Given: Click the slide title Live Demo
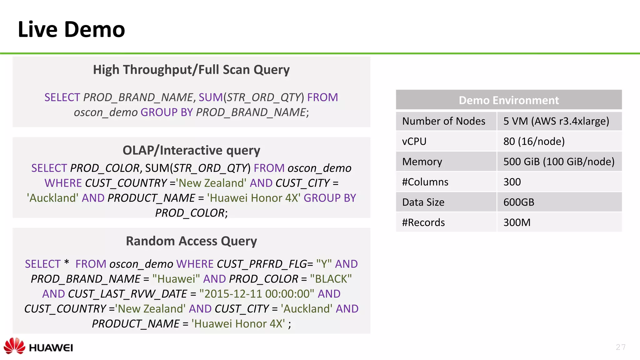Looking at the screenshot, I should tap(71, 29).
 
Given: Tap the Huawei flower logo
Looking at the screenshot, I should tap(14, 346).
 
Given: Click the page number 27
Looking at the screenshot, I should tap(621, 347).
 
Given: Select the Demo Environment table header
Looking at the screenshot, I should tap(508, 100).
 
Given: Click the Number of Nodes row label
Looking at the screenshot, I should tap(443, 121).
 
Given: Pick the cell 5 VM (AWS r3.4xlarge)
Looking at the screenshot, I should tap(556, 121).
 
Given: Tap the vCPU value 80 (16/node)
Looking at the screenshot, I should tap(534, 141).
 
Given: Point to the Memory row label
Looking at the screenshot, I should tap(422, 162).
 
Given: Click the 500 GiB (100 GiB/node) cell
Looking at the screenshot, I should tap(558, 162).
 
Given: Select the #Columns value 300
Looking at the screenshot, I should tap(512, 182).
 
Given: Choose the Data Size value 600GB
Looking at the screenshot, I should tap(518, 202).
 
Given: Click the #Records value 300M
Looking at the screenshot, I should tap(517, 222).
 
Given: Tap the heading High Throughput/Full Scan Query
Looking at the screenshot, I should tap(191, 70).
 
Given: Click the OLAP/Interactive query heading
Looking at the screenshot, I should tap(191, 150).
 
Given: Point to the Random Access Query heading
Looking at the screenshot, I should tap(191, 241).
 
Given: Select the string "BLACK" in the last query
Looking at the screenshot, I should tap(331, 279).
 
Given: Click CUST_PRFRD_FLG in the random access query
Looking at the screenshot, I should tap(262, 264).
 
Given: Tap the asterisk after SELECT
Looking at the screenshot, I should tap(66, 262).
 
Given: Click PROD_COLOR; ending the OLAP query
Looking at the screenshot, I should tap(191, 213).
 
